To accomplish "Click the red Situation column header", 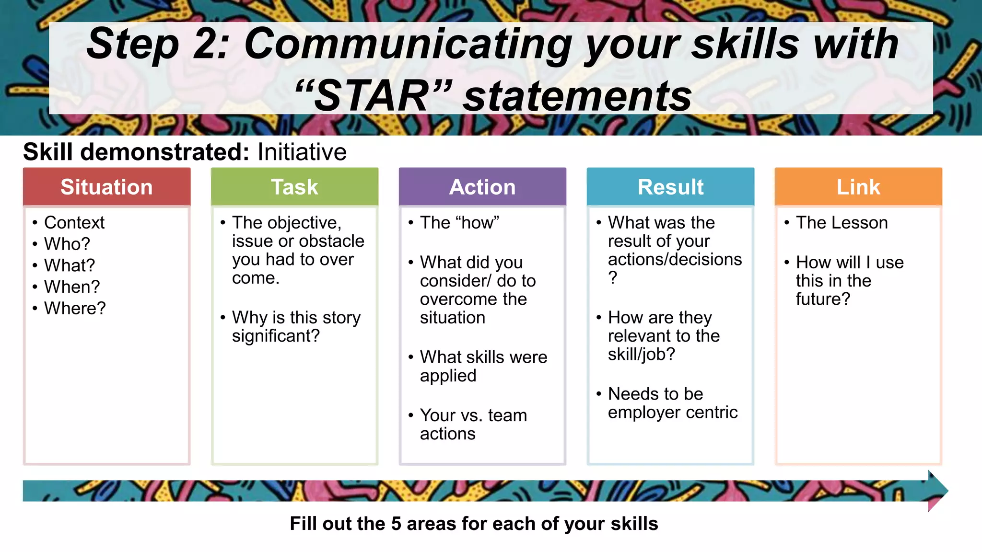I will [106, 187].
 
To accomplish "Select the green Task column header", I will [294, 187].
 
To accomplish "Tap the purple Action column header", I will [482, 187].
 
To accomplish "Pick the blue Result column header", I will [670, 187].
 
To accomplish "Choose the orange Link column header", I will [858, 187].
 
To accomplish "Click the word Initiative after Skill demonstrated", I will [302, 152].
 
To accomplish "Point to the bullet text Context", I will [74, 223].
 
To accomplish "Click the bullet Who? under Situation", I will [67, 244].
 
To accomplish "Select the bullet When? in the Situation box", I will [72, 287].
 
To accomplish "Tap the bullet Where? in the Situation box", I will [75, 309].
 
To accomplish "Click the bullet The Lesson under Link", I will [842, 223].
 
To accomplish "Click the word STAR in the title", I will [372, 96].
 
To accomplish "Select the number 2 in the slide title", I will [206, 44].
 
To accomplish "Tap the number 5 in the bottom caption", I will [396, 524].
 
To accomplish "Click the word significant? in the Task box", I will [276, 336].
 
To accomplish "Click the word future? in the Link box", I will [823, 299].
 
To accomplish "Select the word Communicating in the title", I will [408, 44].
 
